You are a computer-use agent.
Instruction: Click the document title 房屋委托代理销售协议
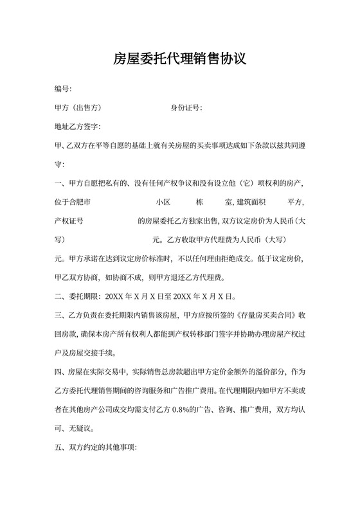(x=179, y=60)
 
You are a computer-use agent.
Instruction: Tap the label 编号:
(x=63, y=88)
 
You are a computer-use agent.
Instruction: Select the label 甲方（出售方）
(x=78, y=107)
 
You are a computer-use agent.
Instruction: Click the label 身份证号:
(x=186, y=107)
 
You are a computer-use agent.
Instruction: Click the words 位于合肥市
(x=72, y=202)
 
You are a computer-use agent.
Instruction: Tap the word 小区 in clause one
(x=163, y=202)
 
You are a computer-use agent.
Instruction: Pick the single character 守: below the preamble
(x=60, y=164)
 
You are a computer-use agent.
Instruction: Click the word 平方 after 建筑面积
(x=295, y=202)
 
